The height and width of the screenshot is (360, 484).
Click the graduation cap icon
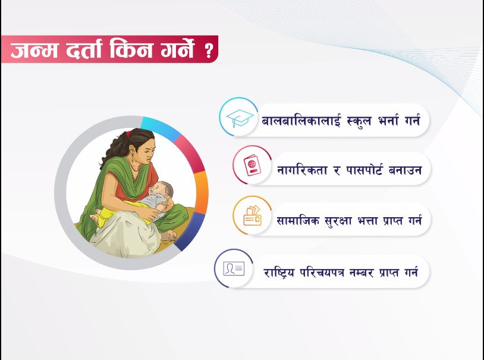tap(240, 118)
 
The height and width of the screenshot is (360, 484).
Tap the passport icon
tap(252, 165)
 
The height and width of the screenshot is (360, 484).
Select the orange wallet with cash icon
tap(252, 215)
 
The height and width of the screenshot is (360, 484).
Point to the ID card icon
tap(234, 268)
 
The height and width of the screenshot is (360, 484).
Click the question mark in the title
tap(209, 51)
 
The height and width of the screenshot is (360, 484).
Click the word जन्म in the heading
tap(34, 49)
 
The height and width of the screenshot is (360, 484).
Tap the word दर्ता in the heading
tap(84, 49)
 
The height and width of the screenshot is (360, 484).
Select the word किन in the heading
tap(131, 49)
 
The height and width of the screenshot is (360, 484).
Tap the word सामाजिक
tap(297, 220)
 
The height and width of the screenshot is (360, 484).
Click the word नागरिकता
tap(302, 170)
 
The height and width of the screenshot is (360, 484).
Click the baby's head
tap(163, 191)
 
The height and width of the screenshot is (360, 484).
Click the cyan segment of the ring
tap(160, 126)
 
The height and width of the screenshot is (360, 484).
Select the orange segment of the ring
tap(201, 192)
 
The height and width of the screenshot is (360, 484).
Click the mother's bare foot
tap(169, 236)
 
